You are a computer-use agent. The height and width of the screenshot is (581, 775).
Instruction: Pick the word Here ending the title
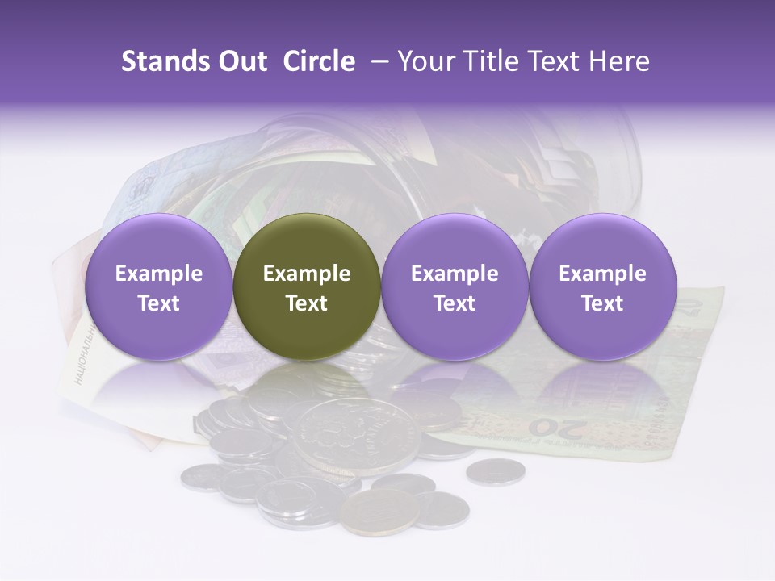[620, 61]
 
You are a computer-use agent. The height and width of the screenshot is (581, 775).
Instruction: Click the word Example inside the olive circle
[306, 274]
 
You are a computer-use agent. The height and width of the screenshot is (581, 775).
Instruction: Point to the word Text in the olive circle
[306, 303]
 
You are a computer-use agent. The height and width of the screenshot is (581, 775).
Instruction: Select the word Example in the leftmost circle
[158, 274]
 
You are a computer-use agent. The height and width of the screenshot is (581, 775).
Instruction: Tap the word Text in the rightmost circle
[602, 303]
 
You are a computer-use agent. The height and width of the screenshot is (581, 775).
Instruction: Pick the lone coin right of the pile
[495, 471]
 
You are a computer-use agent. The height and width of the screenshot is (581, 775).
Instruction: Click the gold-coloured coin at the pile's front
[379, 510]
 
